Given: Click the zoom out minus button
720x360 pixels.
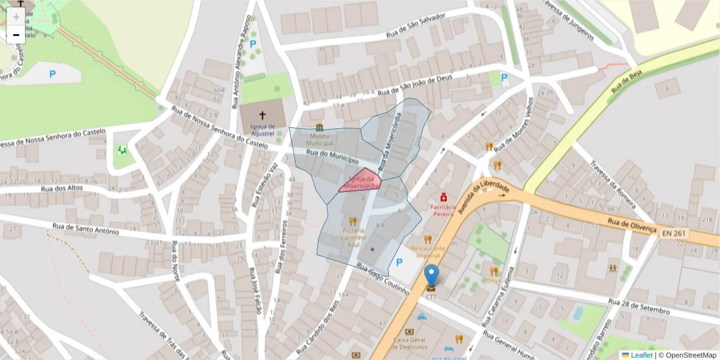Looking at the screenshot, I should pos(16,35).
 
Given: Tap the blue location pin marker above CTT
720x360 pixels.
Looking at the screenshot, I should pos(431,275).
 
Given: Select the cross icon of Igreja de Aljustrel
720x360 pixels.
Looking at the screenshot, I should pos(262,115).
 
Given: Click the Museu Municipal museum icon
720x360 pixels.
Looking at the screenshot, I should pos(319,127).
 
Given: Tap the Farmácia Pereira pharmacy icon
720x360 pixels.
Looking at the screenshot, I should pos(443,196).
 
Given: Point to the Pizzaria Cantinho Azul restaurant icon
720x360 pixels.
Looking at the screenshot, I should pos(353,221).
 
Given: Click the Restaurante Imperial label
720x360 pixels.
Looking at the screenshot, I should pos(428,251).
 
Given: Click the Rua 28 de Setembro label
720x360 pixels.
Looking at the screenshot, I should pos(638,306).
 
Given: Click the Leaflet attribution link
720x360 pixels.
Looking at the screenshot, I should pos(641,355).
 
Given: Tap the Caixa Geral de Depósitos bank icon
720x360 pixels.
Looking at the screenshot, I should pos(409,331).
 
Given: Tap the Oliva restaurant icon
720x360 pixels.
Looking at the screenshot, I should pos(494,271).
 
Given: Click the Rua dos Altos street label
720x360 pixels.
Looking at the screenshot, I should pos(61,188).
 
